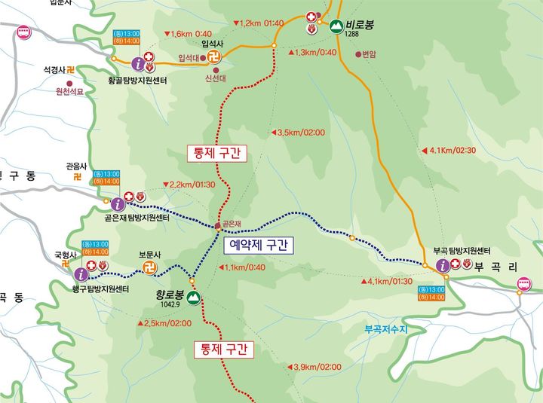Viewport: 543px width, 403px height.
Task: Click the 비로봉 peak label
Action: pos(360,24)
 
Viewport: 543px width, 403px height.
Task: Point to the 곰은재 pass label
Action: pos(231,224)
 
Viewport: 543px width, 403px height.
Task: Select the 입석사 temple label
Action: pos(213,44)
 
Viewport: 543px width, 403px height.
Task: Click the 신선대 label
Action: pos(216,78)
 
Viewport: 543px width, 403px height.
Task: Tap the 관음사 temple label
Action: pos(76,166)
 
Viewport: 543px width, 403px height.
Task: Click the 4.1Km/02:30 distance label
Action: pos(452,150)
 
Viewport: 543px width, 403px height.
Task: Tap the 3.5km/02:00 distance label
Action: pos(301,133)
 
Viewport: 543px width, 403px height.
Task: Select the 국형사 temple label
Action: pos(66,255)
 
